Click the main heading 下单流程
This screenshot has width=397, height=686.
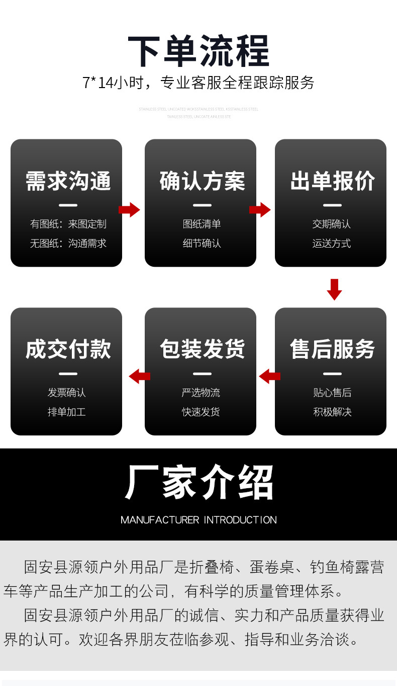[198, 51]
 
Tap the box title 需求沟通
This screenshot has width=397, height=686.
[68, 181]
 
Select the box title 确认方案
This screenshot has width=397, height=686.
[202, 181]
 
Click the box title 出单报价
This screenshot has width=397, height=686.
[332, 181]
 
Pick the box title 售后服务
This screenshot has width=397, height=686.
[332, 349]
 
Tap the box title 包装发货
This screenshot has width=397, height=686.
[202, 349]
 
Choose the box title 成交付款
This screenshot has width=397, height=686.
[68, 349]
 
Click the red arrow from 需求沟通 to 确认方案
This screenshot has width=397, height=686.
[129, 210]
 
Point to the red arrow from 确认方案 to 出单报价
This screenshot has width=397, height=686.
[260, 210]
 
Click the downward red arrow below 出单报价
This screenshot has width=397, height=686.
[334, 289]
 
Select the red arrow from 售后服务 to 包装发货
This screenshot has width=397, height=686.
[269, 376]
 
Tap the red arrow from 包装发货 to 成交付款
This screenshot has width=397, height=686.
[139, 376]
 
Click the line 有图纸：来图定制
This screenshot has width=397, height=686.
[68, 224]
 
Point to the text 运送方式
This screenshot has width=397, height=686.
[331, 244]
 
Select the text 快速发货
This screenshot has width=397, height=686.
[201, 412]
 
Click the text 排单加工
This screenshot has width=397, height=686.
[66, 412]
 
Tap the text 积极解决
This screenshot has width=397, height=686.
[332, 412]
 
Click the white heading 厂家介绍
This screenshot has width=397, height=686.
[198, 482]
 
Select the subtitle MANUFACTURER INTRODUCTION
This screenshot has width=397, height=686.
[198, 520]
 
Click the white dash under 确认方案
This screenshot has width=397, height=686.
[202, 205]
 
